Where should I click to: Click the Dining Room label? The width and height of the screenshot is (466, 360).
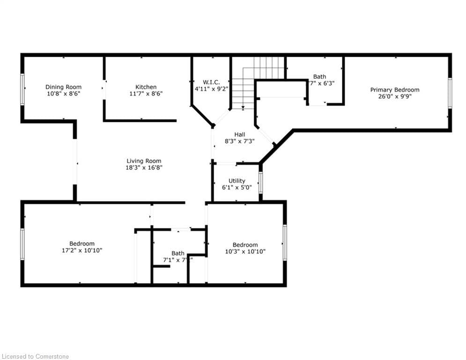pyautogui.click(x=63, y=87)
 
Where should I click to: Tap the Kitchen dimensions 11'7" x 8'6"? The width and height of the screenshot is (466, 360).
pyautogui.click(x=146, y=94)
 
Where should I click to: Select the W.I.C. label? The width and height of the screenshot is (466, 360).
pyautogui.click(x=211, y=82)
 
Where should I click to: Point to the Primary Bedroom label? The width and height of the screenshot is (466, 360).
pyautogui.click(x=395, y=90)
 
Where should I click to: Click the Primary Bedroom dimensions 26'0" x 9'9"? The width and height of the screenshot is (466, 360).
pyautogui.click(x=395, y=97)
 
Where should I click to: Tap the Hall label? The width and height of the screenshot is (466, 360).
pyautogui.click(x=239, y=135)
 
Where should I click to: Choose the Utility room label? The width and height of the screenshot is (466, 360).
pyautogui.click(x=237, y=180)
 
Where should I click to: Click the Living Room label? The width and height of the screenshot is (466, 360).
pyautogui.click(x=144, y=161)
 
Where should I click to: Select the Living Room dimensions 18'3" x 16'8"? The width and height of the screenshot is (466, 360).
pyautogui.click(x=144, y=167)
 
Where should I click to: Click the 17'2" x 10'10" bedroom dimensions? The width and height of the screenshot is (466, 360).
pyautogui.click(x=82, y=250)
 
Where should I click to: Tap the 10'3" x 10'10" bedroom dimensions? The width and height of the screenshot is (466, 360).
pyautogui.click(x=245, y=251)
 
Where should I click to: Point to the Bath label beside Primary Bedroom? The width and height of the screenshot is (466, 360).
pyautogui.click(x=320, y=76)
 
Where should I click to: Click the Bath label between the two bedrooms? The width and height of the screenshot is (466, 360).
pyautogui.click(x=178, y=253)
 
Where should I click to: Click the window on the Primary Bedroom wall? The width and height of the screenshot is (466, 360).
pyautogui.click(x=450, y=93)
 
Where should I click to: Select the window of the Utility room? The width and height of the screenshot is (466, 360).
pyautogui.click(x=261, y=183)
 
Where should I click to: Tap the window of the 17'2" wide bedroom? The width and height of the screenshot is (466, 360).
pyautogui.click(x=22, y=244)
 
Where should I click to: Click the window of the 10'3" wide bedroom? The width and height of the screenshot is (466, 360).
pyautogui.click(x=284, y=242)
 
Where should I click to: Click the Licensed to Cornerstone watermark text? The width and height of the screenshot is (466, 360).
pyautogui.click(x=35, y=356)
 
